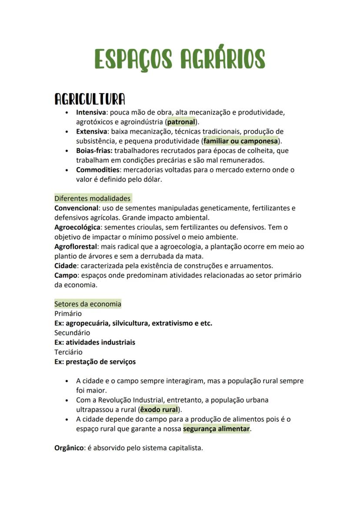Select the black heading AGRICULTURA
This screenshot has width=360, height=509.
point(90,99)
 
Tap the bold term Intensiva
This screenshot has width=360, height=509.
point(91,112)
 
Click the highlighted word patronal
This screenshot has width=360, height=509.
point(181,122)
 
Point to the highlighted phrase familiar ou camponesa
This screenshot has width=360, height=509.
point(240,141)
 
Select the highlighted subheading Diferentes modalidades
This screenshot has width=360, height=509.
point(92,198)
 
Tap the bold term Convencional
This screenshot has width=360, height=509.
point(76,208)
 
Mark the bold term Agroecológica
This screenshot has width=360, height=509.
point(77,227)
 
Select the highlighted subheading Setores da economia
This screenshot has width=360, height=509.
point(87,304)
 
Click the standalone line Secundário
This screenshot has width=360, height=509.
point(72,333)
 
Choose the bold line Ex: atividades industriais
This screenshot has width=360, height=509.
point(94,342)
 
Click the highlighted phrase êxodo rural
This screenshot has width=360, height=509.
point(159,409)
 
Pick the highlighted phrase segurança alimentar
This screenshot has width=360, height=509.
point(216,429)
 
